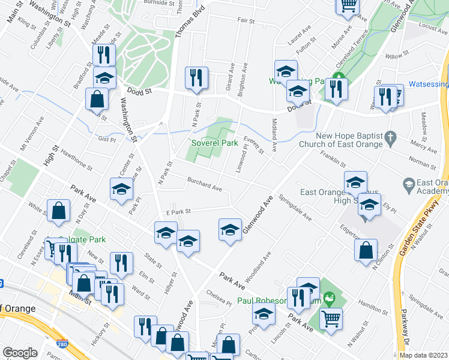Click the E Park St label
point(178,211)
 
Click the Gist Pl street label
point(107,139)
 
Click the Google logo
point(20,353)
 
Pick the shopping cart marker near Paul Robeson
point(330,320)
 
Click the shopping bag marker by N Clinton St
point(366,251)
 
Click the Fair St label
point(246,20)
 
